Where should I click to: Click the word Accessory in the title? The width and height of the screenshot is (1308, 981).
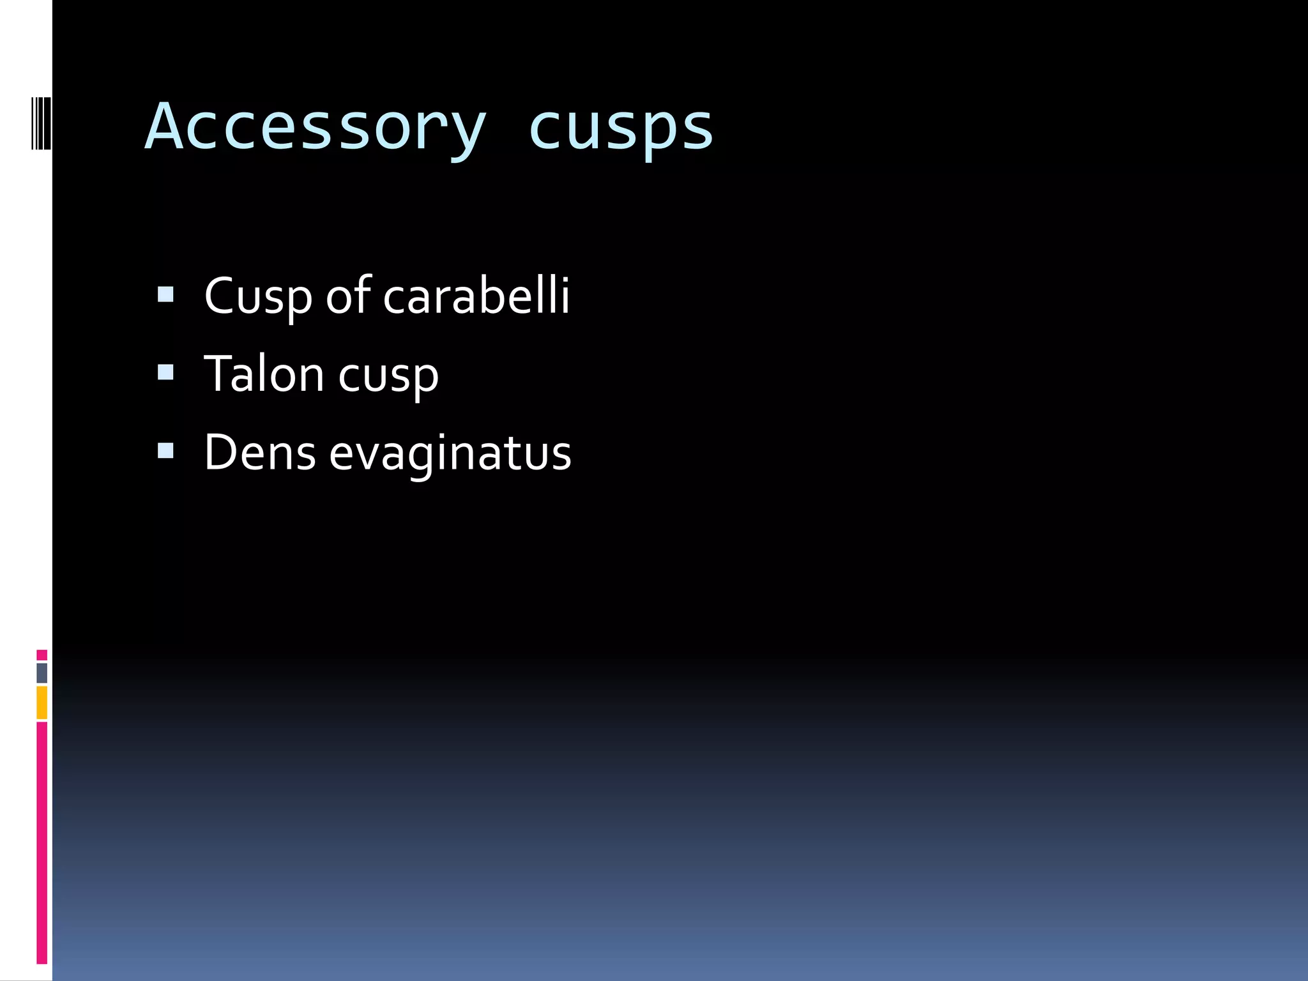316,128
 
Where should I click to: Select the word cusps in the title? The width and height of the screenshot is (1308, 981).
620,128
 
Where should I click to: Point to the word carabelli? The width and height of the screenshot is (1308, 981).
476,296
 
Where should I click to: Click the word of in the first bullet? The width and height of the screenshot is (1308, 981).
348,296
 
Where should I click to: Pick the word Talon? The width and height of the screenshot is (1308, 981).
264,374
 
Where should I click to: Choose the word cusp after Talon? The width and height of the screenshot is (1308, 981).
388,377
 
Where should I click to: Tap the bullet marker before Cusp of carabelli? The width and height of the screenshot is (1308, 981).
165,294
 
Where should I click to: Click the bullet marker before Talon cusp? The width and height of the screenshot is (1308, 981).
165,372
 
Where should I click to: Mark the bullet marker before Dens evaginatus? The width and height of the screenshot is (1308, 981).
165,451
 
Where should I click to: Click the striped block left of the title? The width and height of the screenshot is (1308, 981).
41,123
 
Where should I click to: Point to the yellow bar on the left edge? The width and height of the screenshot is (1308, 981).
42,703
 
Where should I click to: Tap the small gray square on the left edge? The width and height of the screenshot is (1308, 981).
42,673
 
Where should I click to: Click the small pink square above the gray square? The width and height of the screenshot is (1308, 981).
42,655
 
